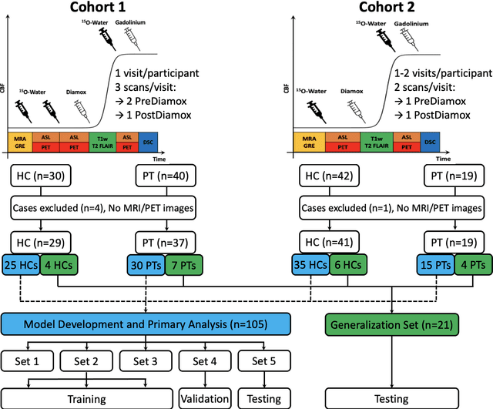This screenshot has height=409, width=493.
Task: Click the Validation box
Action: coord(204,398)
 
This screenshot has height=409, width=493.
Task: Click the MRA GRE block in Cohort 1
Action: coord(20,141)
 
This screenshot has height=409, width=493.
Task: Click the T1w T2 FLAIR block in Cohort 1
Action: coord(104,141)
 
